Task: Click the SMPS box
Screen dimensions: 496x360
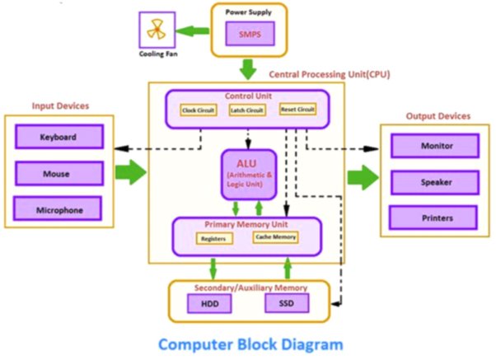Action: (x=250, y=34)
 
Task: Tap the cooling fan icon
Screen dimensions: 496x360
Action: (x=157, y=30)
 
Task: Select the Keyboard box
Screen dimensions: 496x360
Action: (x=59, y=137)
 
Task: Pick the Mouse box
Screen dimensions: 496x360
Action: (x=59, y=173)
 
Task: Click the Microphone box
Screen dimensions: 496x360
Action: (x=58, y=208)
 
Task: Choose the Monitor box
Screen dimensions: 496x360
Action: (x=435, y=146)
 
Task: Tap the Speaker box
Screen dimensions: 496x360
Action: (x=435, y=183)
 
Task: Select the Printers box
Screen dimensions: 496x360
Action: (x=433, y=217)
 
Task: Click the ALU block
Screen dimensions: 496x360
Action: (x=249, y=175)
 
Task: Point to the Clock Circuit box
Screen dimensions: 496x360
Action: (x=199, y=110)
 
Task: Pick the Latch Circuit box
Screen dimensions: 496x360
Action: (x=247, y=110)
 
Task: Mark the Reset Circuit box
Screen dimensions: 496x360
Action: (x=297, y=109)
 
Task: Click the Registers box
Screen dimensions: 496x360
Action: (x=214, y=239)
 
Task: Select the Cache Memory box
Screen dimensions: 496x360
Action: (x=275, y=237)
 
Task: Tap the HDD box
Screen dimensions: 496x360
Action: (x=209, y=304)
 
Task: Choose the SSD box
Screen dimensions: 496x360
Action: (x=287, y=303)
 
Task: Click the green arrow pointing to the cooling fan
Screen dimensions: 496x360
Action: (x=192, y=31)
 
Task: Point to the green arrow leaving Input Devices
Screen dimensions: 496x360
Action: (x=131, y=172)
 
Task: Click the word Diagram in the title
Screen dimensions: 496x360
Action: (x=312, y=344)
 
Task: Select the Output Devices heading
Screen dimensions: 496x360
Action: (x=438, y=116)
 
